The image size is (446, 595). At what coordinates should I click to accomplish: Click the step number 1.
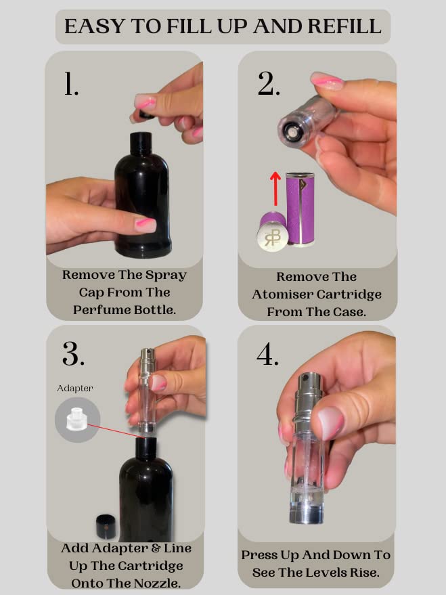[71, 85]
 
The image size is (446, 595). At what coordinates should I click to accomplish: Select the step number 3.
[73, 353]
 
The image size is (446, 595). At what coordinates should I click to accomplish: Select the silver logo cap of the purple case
[272, 234]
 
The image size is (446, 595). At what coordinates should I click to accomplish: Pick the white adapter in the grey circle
[77, 418]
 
